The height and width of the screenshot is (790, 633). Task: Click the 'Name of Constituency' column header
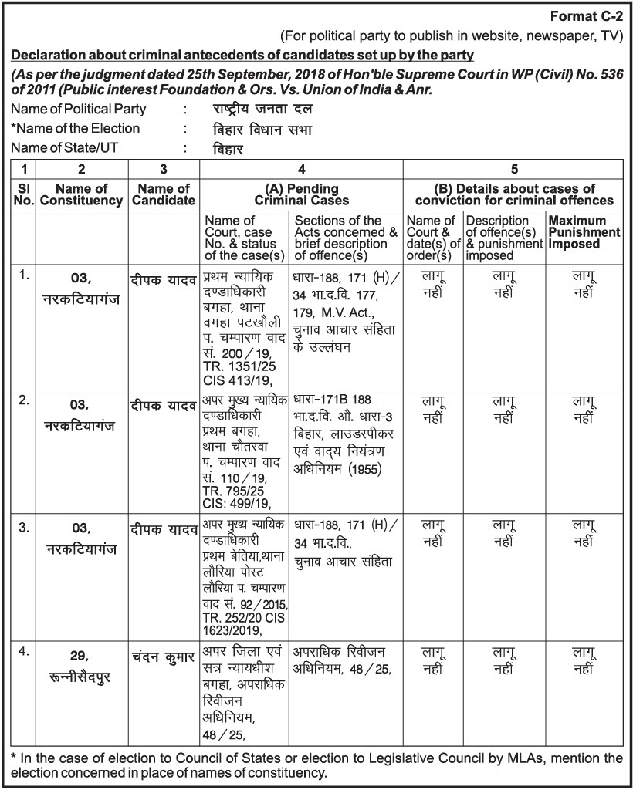82,194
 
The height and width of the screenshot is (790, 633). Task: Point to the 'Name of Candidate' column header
164,194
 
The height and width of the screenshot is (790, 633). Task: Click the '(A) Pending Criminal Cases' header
302,194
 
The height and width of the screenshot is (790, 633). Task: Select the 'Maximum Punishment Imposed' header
584,232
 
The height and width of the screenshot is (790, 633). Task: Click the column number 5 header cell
514,169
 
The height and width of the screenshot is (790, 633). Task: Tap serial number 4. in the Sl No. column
24,650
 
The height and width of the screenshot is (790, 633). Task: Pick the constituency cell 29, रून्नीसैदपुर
82,667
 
